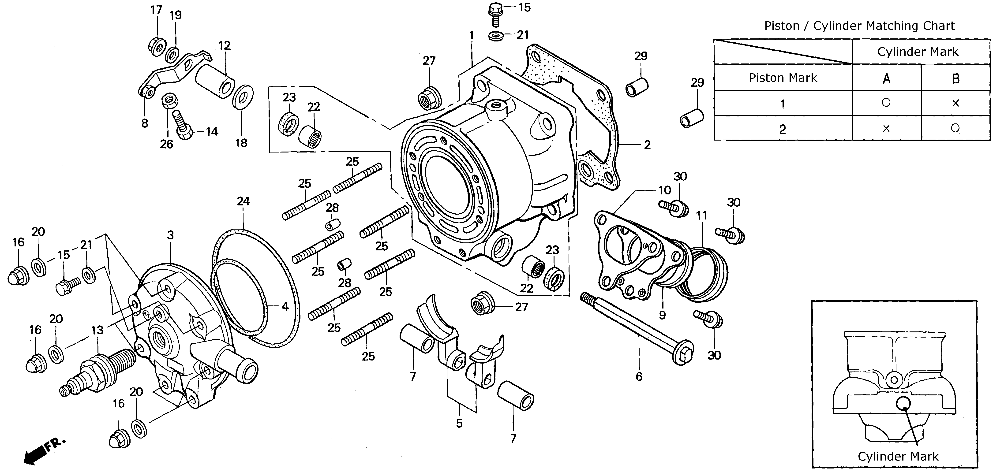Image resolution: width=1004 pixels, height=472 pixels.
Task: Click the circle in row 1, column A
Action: [886, 103]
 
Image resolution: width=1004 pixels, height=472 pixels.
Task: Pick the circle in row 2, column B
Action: [955, 128]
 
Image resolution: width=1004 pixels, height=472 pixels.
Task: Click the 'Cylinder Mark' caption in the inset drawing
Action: [898, 456]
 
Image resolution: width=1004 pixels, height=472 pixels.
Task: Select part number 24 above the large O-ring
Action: [243, 201]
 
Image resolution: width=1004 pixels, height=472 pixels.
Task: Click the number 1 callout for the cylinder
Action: [471, 35]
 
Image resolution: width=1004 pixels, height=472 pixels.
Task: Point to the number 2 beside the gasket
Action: [647, 145]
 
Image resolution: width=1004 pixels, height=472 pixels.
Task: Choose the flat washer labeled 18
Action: [243, 97]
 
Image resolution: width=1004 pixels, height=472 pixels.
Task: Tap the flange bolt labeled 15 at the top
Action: [495, 14]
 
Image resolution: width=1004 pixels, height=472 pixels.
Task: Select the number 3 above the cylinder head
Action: [170, 235]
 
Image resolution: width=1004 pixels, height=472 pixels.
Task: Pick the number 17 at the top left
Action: [156, 10]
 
